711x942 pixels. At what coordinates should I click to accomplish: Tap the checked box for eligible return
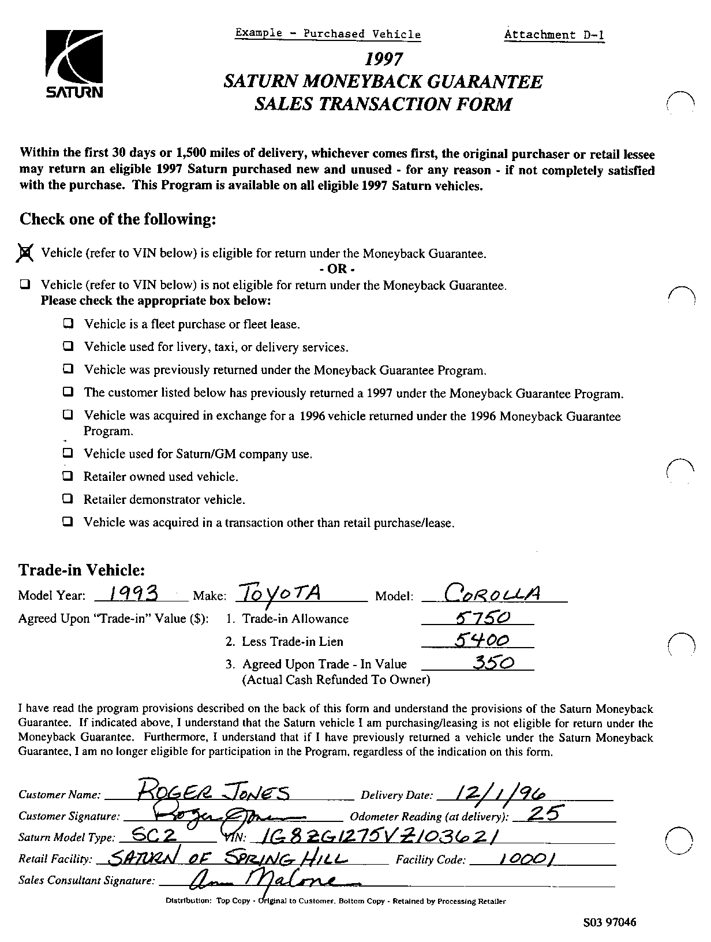tap(25, 253)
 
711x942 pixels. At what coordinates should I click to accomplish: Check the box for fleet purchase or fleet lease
tap(69, 324)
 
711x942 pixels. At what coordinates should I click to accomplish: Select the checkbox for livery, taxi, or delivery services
tap(69, 346)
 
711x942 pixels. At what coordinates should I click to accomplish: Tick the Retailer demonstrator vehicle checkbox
tap(69, 499)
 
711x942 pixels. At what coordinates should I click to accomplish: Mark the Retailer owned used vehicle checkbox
tap(69, 476)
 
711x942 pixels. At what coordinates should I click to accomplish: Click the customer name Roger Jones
tap(214, 793)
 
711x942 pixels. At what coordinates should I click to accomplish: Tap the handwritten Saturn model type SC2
tap(154, 835)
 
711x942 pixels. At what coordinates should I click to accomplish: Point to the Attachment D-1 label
tap(554, 35)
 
